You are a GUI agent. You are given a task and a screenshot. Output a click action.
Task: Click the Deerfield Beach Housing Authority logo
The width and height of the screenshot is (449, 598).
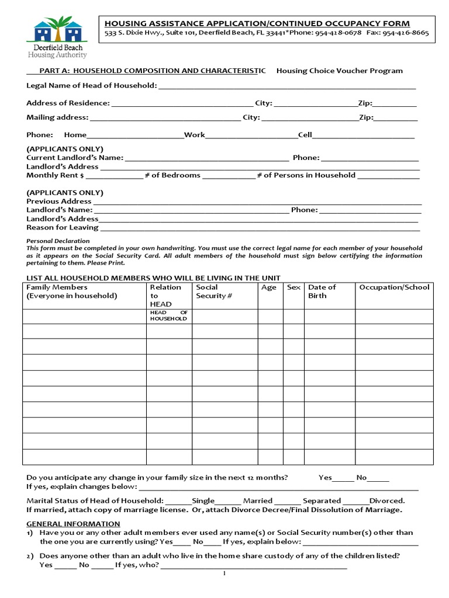tap(57, 38)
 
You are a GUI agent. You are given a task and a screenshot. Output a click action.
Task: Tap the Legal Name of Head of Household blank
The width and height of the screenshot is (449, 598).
tap(286, 86)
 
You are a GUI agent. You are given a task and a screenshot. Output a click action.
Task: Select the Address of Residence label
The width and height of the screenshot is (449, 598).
tap(68, 103)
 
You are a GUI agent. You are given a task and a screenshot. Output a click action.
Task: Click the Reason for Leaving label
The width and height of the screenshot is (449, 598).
tap(63, 227)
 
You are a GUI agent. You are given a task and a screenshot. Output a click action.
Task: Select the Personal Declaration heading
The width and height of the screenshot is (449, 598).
tap(58, 241)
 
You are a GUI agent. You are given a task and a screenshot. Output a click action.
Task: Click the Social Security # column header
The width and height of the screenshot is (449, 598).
tap(214, 291)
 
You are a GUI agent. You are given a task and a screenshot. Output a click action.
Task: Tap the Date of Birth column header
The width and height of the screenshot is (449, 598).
tap(322, 291)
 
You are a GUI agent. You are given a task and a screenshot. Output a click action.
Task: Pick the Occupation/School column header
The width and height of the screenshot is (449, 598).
tap(394, 287)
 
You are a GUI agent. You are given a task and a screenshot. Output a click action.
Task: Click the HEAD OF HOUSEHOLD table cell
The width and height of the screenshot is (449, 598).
tap(168, 316)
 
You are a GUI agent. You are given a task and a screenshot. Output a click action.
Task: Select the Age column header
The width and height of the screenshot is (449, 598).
tap(269, 287)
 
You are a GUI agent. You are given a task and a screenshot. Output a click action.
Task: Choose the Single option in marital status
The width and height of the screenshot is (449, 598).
tap(203, 500)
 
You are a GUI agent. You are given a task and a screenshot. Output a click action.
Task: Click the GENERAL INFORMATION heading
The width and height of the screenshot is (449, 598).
tap(73, 523)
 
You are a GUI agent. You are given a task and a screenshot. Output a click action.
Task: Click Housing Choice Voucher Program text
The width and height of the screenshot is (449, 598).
tap(339, 71)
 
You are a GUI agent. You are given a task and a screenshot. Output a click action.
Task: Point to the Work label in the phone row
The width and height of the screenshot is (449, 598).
tap(195, 135)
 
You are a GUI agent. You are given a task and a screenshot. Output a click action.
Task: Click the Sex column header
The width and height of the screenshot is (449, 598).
tap(293, 287)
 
